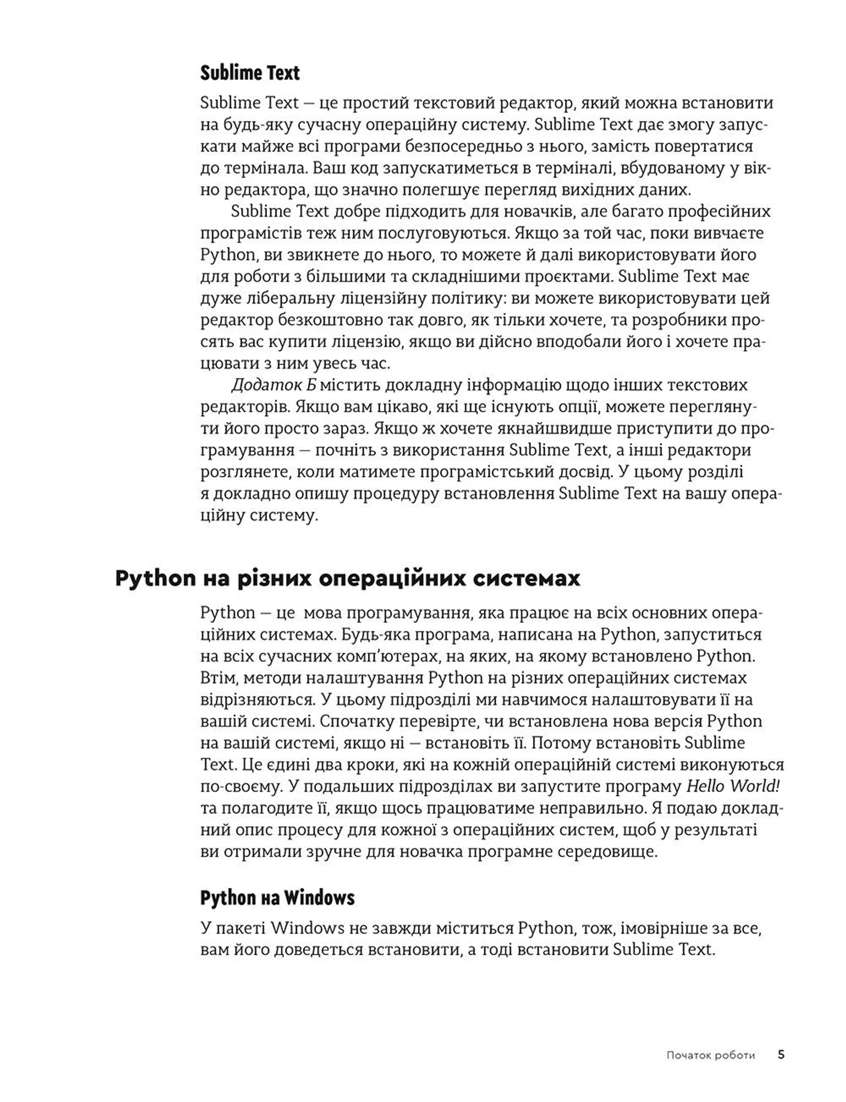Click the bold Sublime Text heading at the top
250,73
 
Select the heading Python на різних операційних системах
348,578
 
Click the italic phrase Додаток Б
274,385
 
